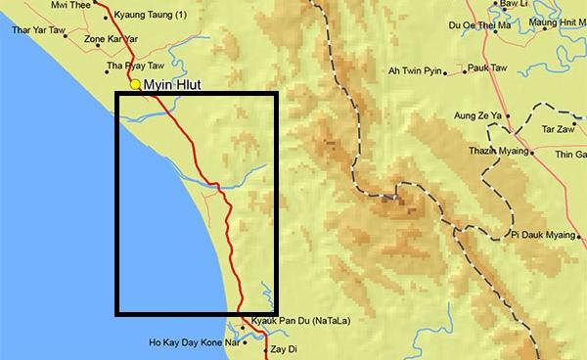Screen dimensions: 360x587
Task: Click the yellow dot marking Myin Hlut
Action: pyautogui.click(x=136, y=85)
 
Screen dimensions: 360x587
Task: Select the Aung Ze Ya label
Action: pyautogui.click(x=477, y=116)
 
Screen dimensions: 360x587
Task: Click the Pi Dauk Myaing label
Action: pyautogui.click(x=547, y=235)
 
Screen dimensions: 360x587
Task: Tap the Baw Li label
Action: pyautogui.click(x=514, y=5)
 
